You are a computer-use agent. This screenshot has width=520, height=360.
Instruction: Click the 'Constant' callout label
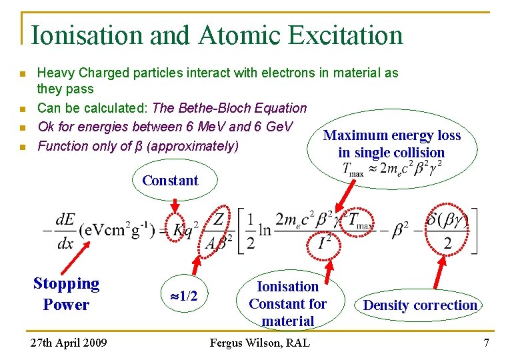click(x=170, y=180)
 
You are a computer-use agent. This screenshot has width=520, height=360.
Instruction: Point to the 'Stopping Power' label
click(x=66, y=294)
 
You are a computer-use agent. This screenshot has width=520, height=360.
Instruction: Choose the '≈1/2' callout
click(x=183, y=295)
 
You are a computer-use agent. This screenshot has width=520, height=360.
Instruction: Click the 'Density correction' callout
click(x=420, y=305)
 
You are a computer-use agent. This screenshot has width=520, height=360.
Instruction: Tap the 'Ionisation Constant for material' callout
click(x=288, y=303)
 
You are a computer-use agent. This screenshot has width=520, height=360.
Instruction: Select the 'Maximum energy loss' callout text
click(x=392, y=136)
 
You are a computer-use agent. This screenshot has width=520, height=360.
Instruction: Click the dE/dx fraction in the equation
click(x=65, y=231)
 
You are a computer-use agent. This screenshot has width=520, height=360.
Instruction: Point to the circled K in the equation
click(x=178, y=229)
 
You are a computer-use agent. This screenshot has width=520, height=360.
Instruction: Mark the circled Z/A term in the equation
click(x=219, y=231)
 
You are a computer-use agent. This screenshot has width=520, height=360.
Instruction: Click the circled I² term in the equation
click(x=325, y=242)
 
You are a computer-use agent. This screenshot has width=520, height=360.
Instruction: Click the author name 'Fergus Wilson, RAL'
click(x=259, y=343)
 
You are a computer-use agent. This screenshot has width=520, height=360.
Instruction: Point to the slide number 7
click(x=487, y=343)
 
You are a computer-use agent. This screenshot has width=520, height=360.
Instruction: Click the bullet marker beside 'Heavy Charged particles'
click(x=22, y=73)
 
